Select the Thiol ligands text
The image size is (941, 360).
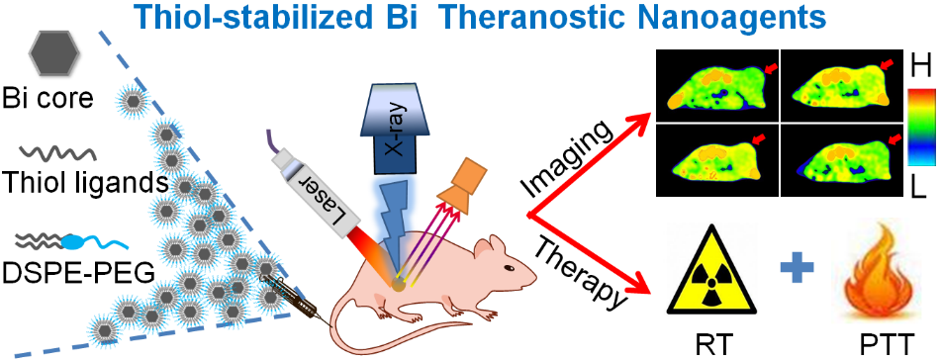(x=84, y=179)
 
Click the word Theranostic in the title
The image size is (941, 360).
(x=538, y=19)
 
